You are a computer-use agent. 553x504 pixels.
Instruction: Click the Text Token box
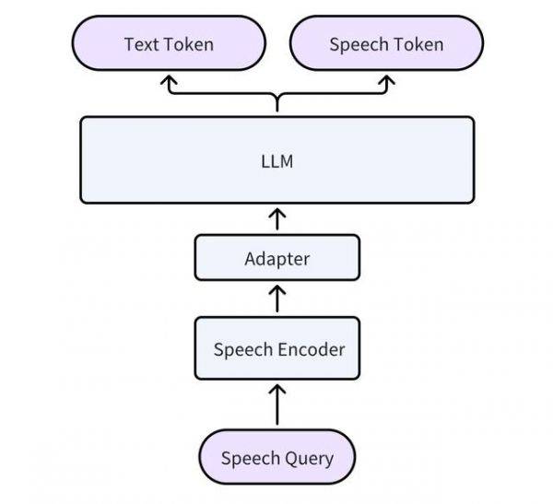pyautogui.click(x=169, y=44)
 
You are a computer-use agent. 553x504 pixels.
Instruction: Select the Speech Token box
pyautogui.click(x=386, y=44)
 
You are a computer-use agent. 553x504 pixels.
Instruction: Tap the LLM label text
pyautogui.click(x=276, y=161)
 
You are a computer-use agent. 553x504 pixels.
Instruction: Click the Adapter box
pyautogui.click(x=276, y=258)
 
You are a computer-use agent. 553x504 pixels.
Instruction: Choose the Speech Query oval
pyautogui.click(x=276, y=458)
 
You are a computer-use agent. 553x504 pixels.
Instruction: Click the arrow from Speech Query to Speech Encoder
pyautogui.click(x=276, y=404)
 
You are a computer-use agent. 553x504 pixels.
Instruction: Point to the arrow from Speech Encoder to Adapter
pyautogui.click(x=276, y=299)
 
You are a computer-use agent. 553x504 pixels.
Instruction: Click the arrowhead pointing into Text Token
pyautogui.click(x=169, y=82)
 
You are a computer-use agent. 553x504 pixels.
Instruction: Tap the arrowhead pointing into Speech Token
pyautogui.click(x=386, y=82)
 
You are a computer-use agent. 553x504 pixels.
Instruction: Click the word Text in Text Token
pyautogui.click(x=141, y=44)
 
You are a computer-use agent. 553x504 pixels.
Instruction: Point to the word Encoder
pyautogui.click(x=313, y=349)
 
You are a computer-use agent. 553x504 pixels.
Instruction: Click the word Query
pyautogui.click(x=309, y=458)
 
